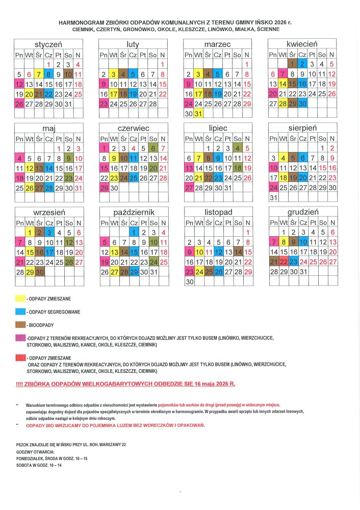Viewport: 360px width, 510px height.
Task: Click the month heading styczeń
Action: [48, 44]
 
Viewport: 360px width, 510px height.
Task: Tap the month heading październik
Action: [134, 211]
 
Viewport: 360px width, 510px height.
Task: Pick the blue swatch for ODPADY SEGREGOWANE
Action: [20, 311]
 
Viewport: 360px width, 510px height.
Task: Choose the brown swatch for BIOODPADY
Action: [20, 324]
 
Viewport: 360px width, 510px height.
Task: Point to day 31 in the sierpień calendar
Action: [273, 197]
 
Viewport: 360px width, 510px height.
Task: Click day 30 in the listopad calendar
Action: [189, 282]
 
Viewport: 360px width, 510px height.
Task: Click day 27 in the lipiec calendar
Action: [189, 188]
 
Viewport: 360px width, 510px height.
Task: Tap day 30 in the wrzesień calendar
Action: [38, 272]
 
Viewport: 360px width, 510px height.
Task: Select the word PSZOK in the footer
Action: [23, 445]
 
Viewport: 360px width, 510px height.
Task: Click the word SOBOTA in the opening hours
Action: [25, 465]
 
